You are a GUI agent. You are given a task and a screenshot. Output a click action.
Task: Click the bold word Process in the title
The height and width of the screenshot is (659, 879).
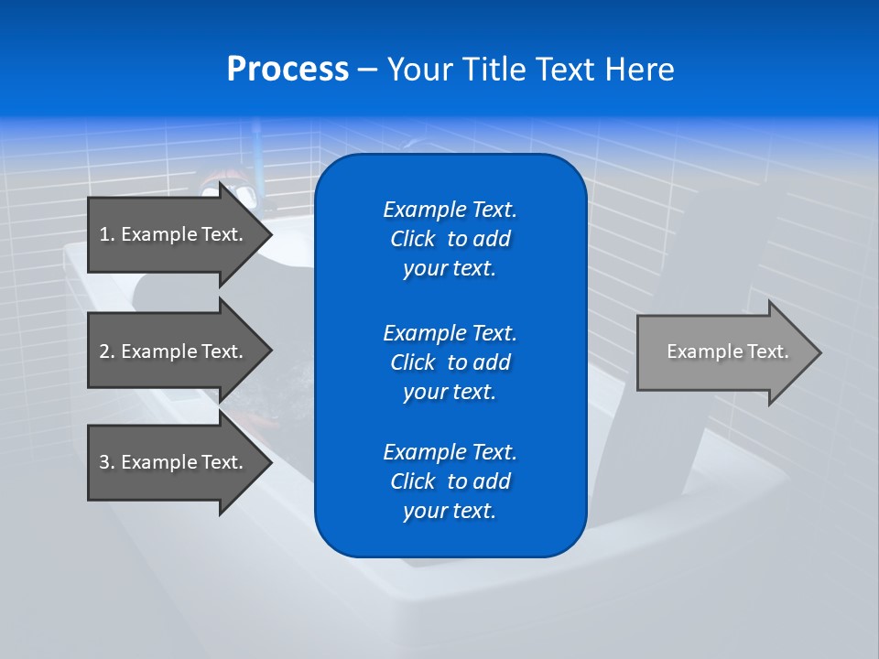[288, 70]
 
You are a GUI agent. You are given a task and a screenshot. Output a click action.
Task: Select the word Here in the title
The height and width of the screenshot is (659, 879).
[639, 70]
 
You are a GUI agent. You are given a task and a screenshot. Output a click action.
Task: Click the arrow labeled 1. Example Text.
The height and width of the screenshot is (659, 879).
[174, 234]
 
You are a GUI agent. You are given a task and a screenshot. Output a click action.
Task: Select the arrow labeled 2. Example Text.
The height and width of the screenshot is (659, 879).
[174, 351]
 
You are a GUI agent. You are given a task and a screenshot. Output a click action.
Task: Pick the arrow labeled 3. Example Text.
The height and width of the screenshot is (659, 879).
[174, 462]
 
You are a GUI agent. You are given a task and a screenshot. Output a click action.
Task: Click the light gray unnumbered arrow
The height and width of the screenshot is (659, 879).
[723, 352]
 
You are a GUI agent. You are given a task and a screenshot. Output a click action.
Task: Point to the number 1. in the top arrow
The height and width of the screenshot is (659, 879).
[107, 234]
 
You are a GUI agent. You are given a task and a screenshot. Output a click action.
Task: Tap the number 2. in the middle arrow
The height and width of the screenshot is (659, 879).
[107, 351]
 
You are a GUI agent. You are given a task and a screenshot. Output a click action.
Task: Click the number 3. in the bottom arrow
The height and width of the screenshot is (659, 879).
[107, 462]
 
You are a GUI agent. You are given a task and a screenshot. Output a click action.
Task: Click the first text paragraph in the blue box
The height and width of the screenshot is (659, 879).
[450, 239]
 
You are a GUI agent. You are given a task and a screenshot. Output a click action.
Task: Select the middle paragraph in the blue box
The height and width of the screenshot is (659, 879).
[450, 362]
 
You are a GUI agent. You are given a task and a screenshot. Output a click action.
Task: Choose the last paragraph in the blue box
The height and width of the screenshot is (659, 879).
[450, 481]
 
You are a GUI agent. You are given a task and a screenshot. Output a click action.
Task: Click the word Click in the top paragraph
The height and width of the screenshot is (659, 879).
[413, 239]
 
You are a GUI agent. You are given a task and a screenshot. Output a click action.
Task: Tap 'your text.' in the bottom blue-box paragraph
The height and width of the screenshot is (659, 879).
[450, 511]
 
